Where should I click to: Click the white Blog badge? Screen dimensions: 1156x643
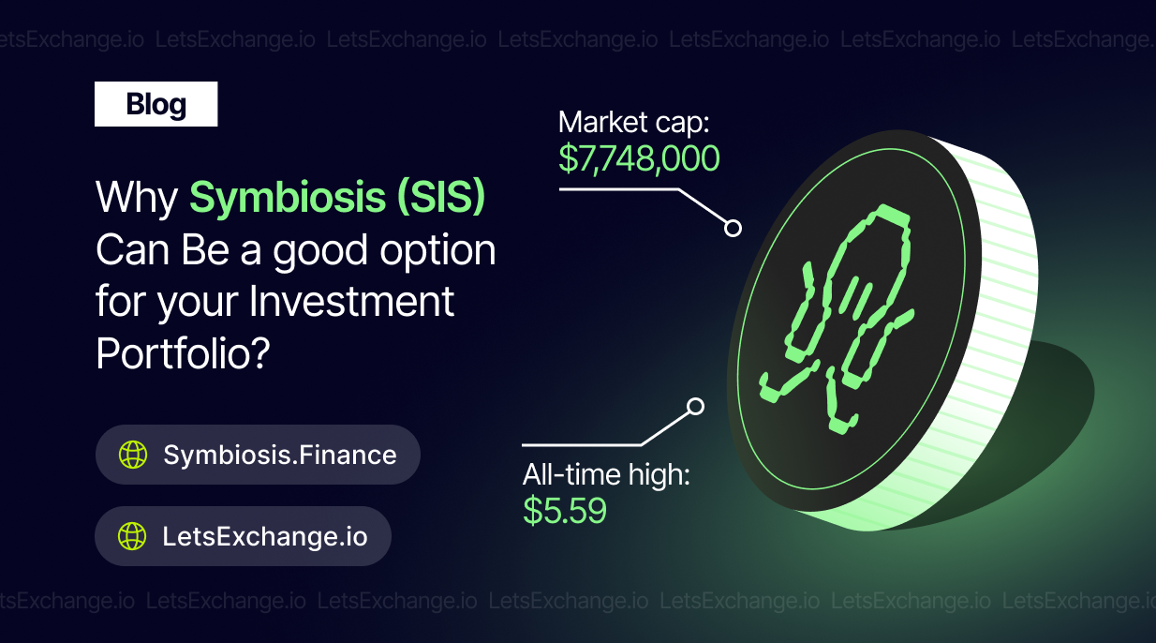(156, 104)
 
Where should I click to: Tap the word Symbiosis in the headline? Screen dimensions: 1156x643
(288, 197)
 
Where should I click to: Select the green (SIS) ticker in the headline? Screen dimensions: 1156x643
(440, 196)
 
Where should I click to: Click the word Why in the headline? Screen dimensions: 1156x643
(137, 198)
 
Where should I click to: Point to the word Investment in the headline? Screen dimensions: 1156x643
(351, 301)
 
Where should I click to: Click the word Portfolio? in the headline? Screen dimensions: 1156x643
(183, 353)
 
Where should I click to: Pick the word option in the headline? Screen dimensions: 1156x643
(437, 251)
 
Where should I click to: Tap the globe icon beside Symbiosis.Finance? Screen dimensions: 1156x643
(133, 455)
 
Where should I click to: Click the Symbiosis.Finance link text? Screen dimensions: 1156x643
(280, 455)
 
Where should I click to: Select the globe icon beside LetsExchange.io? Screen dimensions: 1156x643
(132, 536)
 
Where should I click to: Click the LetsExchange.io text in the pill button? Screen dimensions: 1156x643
(265, 536)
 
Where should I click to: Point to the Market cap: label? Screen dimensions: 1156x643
(633, 123)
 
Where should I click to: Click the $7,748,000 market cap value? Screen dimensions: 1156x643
(639, 158)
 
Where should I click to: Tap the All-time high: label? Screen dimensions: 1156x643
(606, 474)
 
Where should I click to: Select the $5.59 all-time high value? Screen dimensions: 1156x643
(565, 511)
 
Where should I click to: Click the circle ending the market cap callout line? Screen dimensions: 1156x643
(733, 228)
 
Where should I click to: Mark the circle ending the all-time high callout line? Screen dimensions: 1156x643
(695, 407)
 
